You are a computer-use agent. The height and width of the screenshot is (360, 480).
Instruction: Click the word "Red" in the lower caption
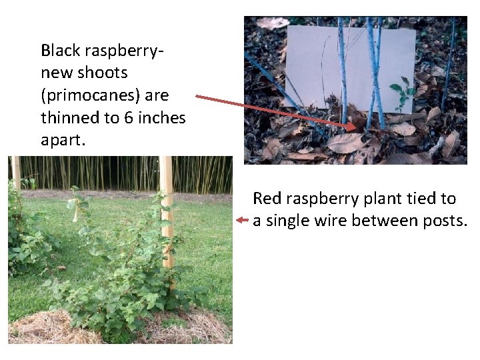(x=267, y=199)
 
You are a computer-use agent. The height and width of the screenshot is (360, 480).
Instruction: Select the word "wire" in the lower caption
(x=333, y=221)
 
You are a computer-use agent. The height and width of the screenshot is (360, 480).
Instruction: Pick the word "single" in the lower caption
(x=289, y=221)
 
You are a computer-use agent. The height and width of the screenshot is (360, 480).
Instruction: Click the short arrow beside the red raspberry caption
(x=242, y=219)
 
